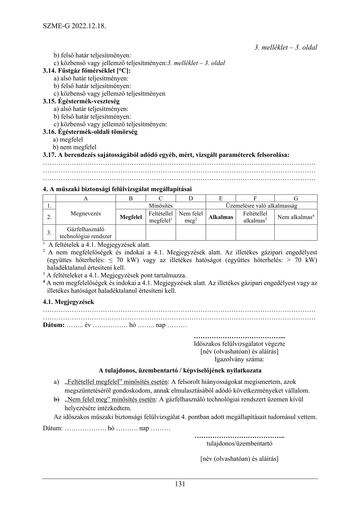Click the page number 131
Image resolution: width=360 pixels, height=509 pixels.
180,484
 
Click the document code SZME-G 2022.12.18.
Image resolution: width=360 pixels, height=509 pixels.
74,26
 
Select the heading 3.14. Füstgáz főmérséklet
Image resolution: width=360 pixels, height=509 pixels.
89,71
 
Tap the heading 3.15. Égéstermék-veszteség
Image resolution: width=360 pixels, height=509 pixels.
81,101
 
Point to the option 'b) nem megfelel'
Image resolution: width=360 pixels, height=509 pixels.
75,147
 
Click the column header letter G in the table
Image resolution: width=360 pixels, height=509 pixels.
296,199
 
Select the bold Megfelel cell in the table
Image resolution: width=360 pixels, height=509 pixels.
131,217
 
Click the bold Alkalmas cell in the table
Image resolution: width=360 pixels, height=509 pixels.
221,217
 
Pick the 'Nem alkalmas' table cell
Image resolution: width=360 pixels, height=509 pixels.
296,217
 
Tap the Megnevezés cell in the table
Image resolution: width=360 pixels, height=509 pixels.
86,214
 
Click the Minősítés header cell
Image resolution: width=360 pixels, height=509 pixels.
161,206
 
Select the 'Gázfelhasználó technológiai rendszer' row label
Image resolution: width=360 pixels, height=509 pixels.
86,233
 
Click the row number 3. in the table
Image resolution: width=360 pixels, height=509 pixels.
49,233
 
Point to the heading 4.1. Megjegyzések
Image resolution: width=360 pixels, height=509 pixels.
68,302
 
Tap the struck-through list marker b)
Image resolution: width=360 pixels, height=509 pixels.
57,399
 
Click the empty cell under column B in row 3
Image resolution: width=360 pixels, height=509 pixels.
131,233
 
